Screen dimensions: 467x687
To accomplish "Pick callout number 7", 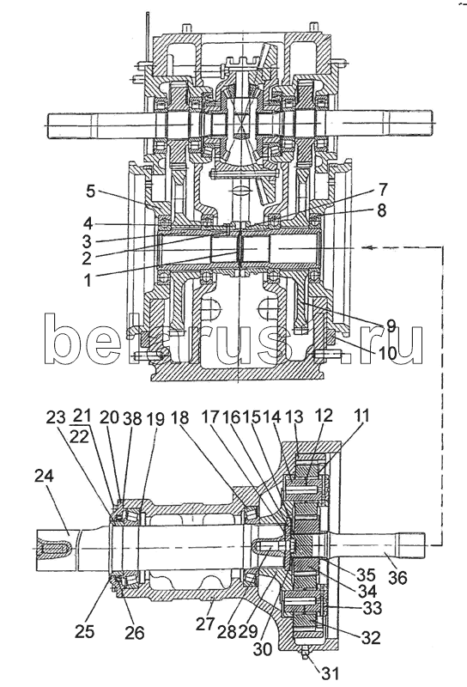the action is [383, 190].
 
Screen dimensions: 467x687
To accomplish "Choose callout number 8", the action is [381, 210].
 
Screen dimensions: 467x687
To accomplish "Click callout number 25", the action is [84, 631].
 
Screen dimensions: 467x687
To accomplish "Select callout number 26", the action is [134, 632].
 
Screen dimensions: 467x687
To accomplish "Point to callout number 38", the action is [132, 419].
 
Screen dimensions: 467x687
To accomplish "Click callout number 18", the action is [179, 417].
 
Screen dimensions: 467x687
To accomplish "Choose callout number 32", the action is [370, 637].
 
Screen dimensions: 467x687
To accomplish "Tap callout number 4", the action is [88, 223].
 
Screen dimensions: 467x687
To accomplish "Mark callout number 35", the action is [366, 575].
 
